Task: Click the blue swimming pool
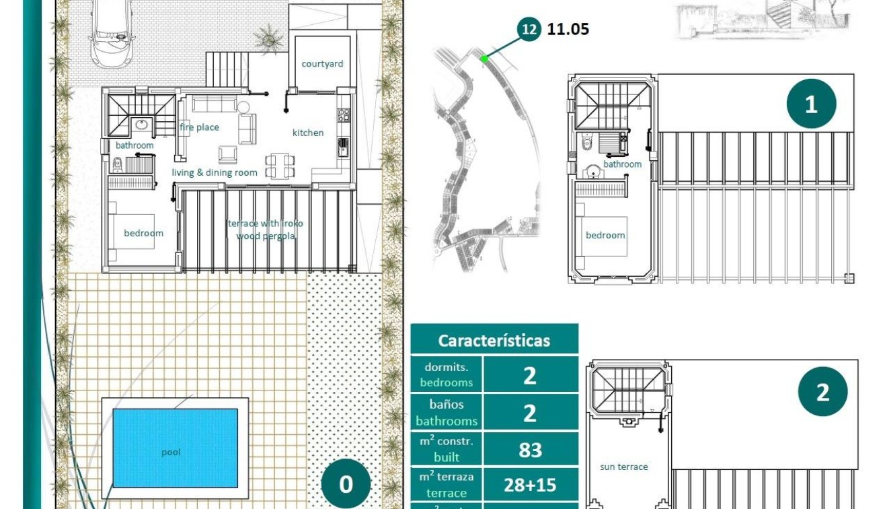pos(175,447)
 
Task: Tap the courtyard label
pos(322,64)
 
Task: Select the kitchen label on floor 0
pos(308,133)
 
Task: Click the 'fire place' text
pos(199,127)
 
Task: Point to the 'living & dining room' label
pos(215,172)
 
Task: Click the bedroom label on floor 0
pos(143,233)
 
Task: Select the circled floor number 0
pos(346,484)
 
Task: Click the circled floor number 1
pos(811,104)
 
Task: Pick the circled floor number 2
pos(822,392)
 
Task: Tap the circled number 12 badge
pos(529,29)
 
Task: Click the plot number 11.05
pos(568,29)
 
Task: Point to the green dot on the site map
pos(484,59)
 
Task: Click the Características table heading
pos(494,340)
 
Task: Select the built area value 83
pos(530,449)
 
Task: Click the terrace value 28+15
pos(530,485)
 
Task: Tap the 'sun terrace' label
pos(624,467)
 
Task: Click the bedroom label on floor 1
pos(605,235)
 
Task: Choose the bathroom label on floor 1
pos(622,164)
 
